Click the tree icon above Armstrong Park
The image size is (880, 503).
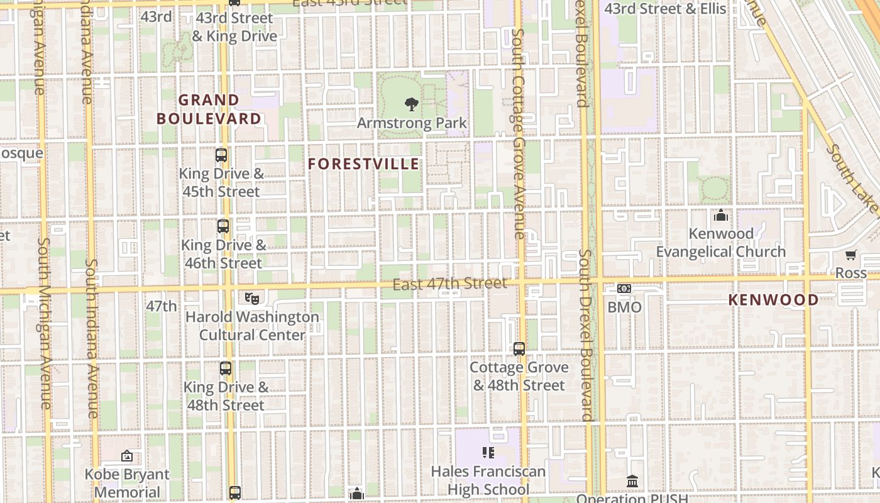412,104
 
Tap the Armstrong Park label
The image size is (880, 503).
412,123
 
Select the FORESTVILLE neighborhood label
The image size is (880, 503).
363,164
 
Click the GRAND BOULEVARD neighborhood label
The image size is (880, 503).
209,109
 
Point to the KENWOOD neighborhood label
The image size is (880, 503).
773,300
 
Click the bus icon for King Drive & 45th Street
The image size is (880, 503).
221,155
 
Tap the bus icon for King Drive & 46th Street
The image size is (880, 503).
223,226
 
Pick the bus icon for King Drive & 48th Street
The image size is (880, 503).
226,368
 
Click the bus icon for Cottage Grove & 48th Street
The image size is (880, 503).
519,348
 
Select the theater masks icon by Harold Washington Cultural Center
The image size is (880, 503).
252,298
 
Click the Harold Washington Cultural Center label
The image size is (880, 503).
252,326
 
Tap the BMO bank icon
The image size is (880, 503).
624,289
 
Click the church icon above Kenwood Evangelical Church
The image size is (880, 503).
721,216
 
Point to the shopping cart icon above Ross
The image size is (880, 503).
850,255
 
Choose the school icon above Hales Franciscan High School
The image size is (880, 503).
488,453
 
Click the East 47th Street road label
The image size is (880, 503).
449,284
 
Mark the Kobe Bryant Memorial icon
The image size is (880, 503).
127,456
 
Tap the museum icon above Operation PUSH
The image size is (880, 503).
632,481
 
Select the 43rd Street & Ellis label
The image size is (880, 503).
665,9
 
